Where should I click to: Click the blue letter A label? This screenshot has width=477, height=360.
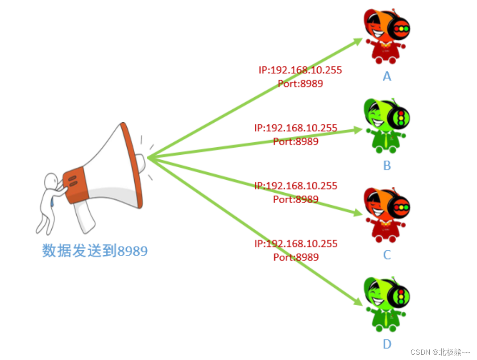(x=387, y=76)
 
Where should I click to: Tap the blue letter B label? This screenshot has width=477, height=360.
(x=387, y=166)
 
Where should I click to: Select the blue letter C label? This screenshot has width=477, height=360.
(x=387, y=255)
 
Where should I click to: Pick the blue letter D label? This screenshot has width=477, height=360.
(x=387, y=344)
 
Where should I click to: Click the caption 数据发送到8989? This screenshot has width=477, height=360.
(x=95, y=251)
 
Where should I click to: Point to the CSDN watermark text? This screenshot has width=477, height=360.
(x=440, y=352)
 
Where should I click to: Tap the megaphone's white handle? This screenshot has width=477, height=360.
(x=85, y=219)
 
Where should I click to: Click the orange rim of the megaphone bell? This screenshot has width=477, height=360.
(x=133, y=165)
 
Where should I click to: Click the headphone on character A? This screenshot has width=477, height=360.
(x=399, y=28)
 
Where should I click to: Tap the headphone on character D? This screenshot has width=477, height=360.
(x=400, y=295)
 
